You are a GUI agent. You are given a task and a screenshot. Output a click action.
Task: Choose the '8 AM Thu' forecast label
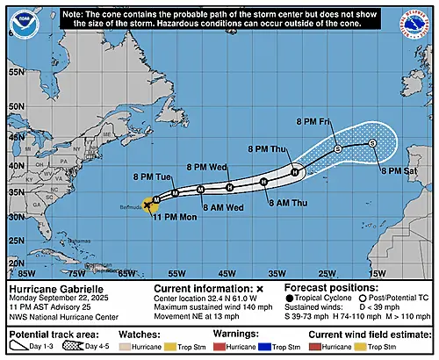coord(286,202)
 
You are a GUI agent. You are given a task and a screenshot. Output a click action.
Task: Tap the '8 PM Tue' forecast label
coord(152,177)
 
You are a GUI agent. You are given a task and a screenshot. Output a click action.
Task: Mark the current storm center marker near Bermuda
coord(147,205)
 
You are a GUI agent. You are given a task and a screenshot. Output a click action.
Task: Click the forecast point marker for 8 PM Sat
coord(372,143)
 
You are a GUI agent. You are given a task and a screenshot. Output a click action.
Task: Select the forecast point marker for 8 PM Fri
coord(338,150)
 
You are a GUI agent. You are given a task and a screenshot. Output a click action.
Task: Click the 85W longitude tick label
coord(27,262)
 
